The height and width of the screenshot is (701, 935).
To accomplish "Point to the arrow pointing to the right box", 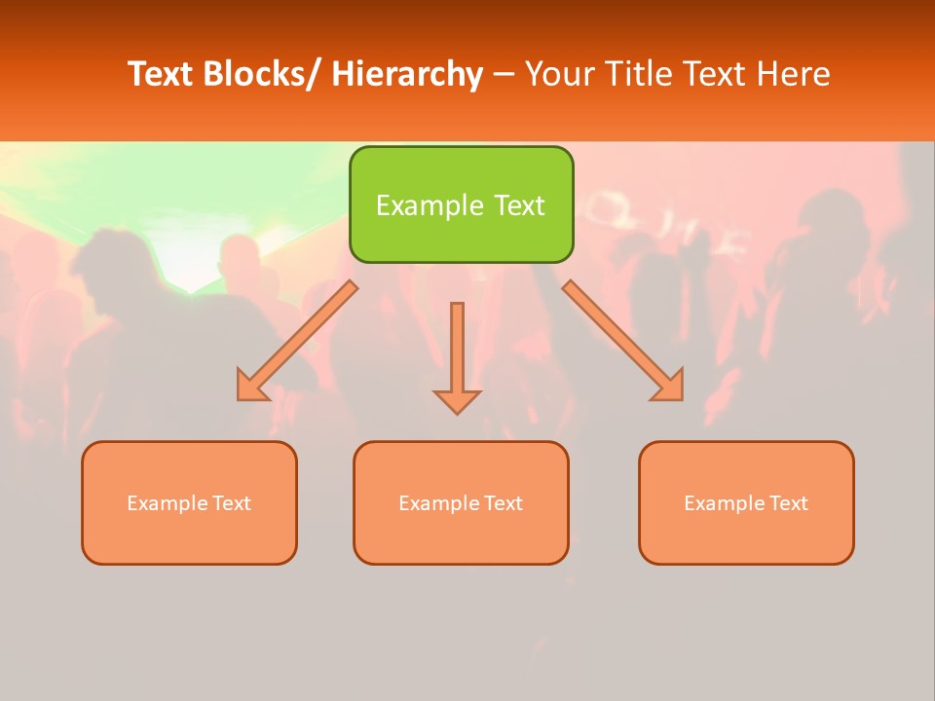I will pyautogui.click(x=623, y=341).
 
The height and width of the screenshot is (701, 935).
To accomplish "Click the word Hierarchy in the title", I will pyautogui.click(x=407, y=74).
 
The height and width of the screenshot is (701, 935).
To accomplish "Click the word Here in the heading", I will pyautogui.click(x=792, y=74).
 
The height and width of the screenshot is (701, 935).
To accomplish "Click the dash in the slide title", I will pyautogui.click(x=504, y=75).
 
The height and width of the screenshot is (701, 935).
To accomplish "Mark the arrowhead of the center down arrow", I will pyautogui.click(x=457, y=401).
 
